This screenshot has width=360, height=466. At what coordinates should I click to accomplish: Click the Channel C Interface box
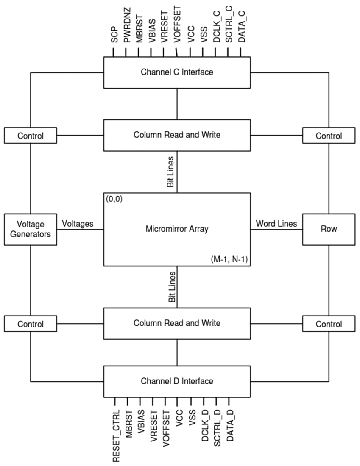click(177, 72)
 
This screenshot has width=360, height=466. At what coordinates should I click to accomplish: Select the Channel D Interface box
click(177, 381)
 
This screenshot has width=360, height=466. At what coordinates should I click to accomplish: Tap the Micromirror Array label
click(177, 229)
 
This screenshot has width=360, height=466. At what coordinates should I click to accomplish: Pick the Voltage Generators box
click(31, 229)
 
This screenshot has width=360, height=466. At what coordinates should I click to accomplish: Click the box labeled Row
click(329, 229)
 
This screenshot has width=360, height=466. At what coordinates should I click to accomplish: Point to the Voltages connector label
click(78, 224)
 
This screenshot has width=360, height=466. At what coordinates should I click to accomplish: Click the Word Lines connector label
click(276, 224)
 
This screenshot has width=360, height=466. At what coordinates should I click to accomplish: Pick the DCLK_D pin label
click(205, 428)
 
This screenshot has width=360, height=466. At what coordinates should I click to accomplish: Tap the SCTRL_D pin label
click(218, 428)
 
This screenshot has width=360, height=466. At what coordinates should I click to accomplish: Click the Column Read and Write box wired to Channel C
click(177, 135)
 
